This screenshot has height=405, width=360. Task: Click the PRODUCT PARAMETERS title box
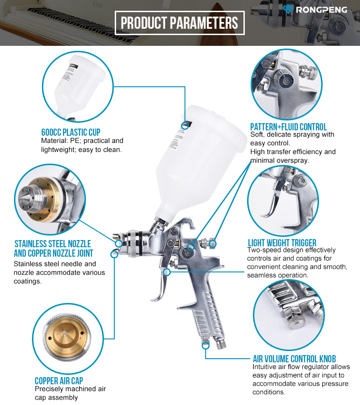point(180,23)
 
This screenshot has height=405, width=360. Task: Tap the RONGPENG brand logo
point(315,9)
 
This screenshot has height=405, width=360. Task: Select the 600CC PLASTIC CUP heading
point(71,132)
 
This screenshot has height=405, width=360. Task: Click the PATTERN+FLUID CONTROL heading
point(288,127)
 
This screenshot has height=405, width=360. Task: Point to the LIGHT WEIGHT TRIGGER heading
point(282,243)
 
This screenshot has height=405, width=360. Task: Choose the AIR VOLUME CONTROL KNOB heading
point(294,359)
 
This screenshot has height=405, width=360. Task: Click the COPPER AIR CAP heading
point(59,381)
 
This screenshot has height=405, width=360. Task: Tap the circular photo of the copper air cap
point(68,339)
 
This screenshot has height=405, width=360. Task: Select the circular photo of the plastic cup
point(78,86)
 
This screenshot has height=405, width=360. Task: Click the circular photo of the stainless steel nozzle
point(50,200)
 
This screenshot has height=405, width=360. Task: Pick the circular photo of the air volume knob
point(288,316)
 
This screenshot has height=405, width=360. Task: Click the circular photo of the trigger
point(283,200)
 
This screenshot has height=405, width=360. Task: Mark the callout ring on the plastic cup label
point(184,126)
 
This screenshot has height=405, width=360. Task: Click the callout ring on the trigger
point(167,271)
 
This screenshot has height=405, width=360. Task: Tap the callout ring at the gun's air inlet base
point(206,345)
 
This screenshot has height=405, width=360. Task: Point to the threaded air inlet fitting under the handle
point(221,343)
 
